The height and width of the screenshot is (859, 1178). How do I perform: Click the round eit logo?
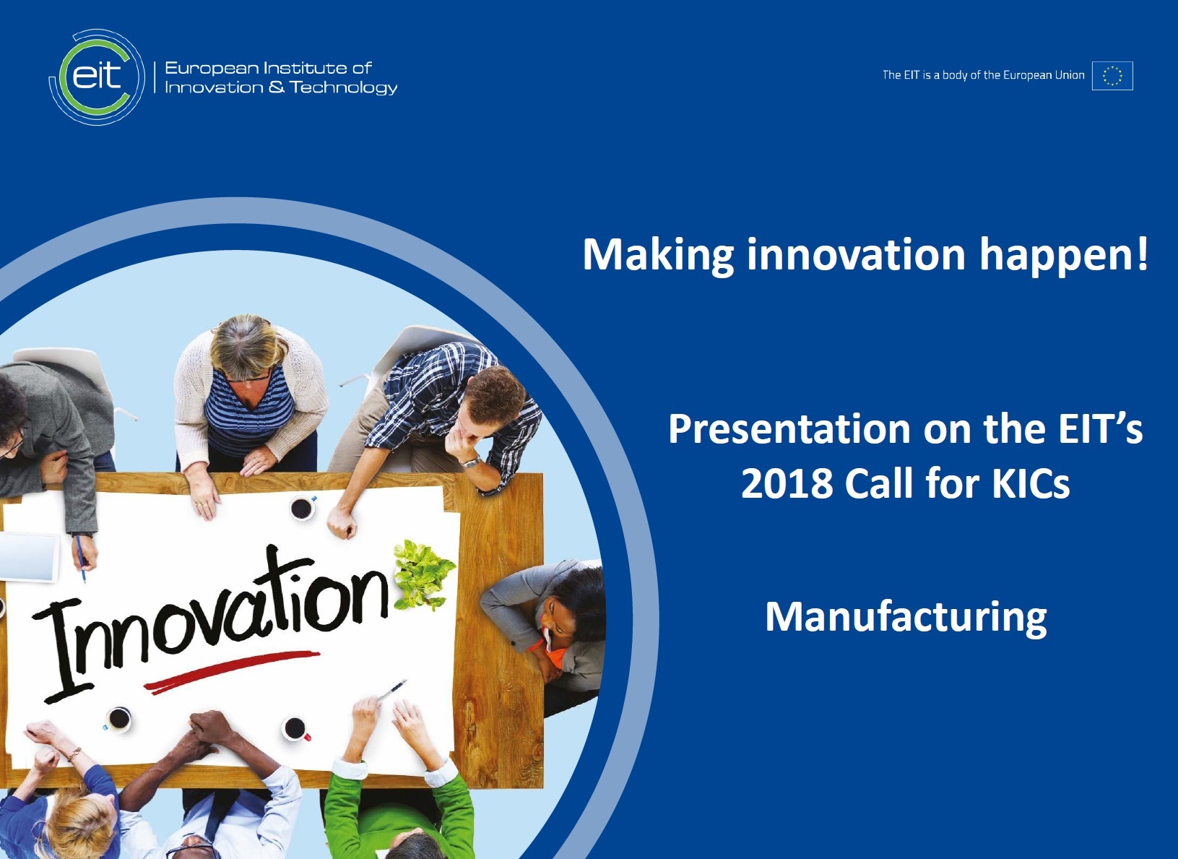tap(97, 77)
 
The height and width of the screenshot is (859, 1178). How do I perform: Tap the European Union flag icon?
tap(1112, 76)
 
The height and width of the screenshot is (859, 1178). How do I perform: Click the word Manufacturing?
tap(906, 619)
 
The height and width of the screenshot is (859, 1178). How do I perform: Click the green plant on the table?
tap(424, 574)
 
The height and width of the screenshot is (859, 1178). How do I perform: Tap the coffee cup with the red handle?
tap(295, 729)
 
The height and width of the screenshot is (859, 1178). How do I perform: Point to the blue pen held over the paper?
tap(80, 558)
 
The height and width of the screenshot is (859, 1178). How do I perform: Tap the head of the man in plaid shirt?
tap(493, 402)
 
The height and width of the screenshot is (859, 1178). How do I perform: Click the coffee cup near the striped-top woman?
tap(302, 508)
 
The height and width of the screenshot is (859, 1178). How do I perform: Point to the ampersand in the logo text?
tap(277, 86)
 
